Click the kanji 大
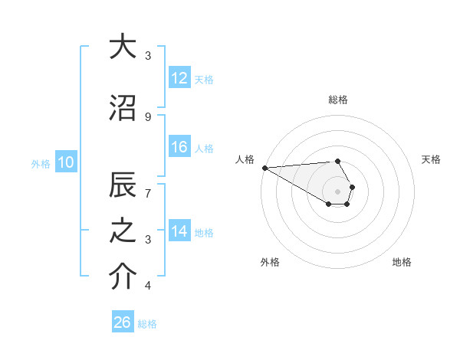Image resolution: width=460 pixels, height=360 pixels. click(x=122, y=47)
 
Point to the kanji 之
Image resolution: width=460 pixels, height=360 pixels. click(x=122, y=233)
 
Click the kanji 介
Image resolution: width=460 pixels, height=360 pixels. click(x=122, y=278)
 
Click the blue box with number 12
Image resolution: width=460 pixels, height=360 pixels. click(x=179, y=78)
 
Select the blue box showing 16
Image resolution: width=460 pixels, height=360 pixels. click(x=179, y=147)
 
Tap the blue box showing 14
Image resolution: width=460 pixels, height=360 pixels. click(x=179, y=232)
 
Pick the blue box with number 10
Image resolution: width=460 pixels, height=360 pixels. click(x=65, y=162)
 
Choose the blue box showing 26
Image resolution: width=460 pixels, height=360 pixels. click(x=123, y=322)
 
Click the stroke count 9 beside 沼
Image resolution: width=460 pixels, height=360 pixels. click(x=148, y=116)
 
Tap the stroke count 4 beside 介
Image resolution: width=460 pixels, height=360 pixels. click(x=148, y=286)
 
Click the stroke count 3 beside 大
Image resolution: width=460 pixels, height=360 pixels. click(x=148, y=55)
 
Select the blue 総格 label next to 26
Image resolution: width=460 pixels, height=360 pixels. click(x=147, y=324)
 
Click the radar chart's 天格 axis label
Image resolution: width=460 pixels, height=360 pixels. click(x=431, y=159)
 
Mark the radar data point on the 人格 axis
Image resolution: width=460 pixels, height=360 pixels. click(x=264, y=168)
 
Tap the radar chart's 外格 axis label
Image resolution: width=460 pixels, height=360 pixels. click(x=270, y=262)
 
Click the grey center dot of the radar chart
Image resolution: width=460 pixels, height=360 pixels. click(x=337, y=191)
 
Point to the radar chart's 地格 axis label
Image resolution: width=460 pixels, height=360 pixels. click(x=402, y=262)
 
